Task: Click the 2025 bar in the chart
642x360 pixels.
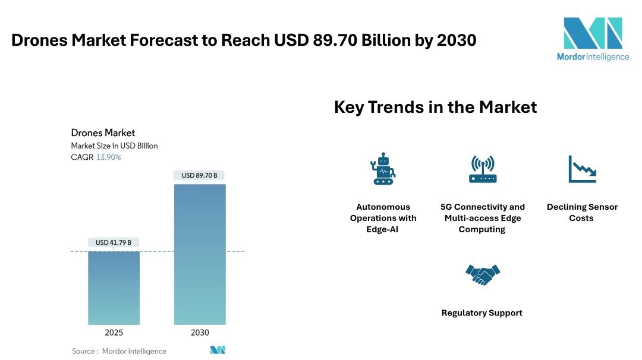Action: (x=114, y=288)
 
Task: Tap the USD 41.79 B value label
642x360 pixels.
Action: (x=114, y=242)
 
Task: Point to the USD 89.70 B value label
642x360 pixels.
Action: (x=199, y=175)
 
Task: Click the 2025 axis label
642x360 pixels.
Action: (x=114, y=333)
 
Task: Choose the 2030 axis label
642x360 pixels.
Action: (x=200, y=333)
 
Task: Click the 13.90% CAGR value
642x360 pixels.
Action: (x=109, y=157)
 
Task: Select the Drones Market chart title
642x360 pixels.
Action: (x=103, y=132)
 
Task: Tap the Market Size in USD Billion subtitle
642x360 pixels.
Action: (x=114, y=146)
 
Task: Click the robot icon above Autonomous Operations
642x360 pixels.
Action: (x=383, y=169)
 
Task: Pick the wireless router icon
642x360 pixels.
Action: (x=482, y=169)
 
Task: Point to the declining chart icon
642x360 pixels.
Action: (x=582, y=169)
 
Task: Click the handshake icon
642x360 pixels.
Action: (x=482, y=274)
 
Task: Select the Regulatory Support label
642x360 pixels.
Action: (x=481, y=313)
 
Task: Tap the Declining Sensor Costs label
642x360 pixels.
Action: (x=582, y=213)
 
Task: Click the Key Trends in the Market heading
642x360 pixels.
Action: (x=435, y=107)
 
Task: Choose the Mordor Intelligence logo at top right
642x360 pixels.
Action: (x=593, y=39)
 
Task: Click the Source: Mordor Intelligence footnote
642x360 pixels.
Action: (x=119, y=351)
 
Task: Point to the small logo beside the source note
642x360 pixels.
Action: (x=218, y=350)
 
